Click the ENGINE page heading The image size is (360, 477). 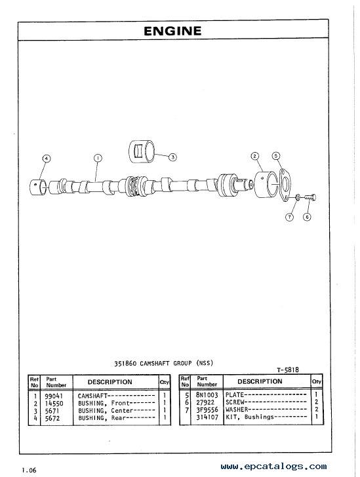coord(172,31)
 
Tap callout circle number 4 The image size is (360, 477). coord(46,159)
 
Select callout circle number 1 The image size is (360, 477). coord(98,158)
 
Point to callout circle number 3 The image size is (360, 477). coord(172,157)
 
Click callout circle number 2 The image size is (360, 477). coord(254,157)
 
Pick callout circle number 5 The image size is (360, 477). coord(276,156)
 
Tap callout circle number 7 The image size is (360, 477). coord(289,217)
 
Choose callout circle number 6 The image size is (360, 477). coord(307,217)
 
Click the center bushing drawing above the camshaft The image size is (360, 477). coord(142,151)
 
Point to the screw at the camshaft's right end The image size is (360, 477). coord(310,197)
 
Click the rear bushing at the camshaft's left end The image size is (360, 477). coord(38,187)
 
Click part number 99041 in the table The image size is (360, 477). coord(54,396)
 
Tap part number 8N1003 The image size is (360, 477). coord(207,395)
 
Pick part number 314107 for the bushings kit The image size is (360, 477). coord(207,417)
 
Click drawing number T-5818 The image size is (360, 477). coord(288,370)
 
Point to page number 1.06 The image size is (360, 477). coord(29,470)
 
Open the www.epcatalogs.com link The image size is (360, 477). coord(274,467)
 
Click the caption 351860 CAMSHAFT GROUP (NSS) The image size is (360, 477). coord(163,363)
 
